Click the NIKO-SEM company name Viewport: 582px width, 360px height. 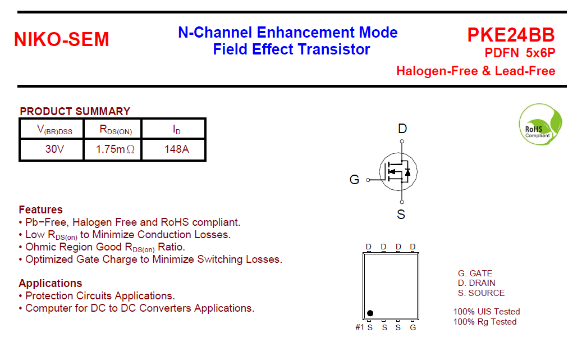pyautogui.click(x=62, y=39)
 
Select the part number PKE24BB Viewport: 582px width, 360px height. pyautogui.click(x=511, y=35)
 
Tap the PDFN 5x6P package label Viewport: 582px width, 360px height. pyautogui.click(x=520, y=53)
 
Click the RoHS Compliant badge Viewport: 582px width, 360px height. pyautogui.click(x=540, y=124)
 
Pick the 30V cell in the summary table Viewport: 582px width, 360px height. pyautogui.click(x=54, y=149)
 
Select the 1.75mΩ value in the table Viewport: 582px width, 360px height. pyautogui.click(x=115, y=149)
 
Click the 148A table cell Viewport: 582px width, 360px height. pyautogui.click(x=177, y=149)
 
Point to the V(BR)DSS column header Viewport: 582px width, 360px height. pyautogui.click(x=54, y=130)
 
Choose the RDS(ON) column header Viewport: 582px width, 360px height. pyautogui.click(x=116, y=130)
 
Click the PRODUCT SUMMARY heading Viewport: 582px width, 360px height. pyautogui.click(x=75, y=111)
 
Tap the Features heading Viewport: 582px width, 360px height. pyautogui.click(x=41, y=209)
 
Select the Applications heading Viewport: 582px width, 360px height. pyautogui.click(x=51, y=283)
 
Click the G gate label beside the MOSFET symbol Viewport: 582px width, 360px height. pyautogui.click(x=355, y=180)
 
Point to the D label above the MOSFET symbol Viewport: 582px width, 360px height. pyautogui.click(x=402, y=129)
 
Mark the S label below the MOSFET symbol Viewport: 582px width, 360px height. pyautogui.click(x=401, y=215)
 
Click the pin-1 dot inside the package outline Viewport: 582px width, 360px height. pyautogui.click(x=370, y=313)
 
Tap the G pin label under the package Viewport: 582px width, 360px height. pyautogui.click(x=413, y=327)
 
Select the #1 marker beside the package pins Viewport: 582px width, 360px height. pyautogui.click(x=360, y=327)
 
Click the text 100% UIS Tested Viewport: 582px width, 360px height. pyautogui.click(x=487, y=312)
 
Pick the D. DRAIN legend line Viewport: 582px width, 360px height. pyautogui.click(x=476, y=283)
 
